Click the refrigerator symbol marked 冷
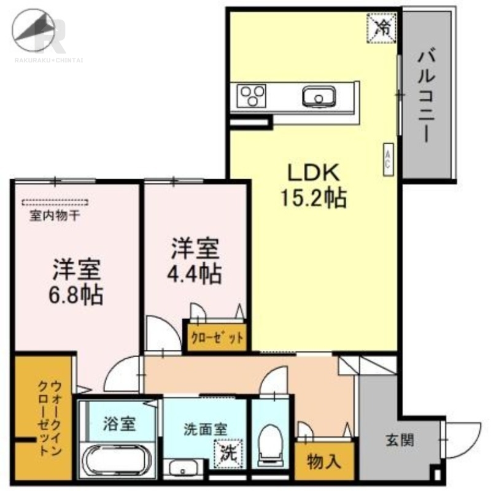point(382,28)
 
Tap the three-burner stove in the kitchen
point(252,96)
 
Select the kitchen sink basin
point(319,96)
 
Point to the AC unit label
point(389,159)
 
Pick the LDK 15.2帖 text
point(313,187)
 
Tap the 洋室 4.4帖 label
point(195,261)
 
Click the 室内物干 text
point(55,216)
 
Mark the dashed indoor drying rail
point(55,203)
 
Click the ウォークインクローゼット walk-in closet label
point(49,419)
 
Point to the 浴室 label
point(119,423)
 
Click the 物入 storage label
point(324,462)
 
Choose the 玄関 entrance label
point(400,440)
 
